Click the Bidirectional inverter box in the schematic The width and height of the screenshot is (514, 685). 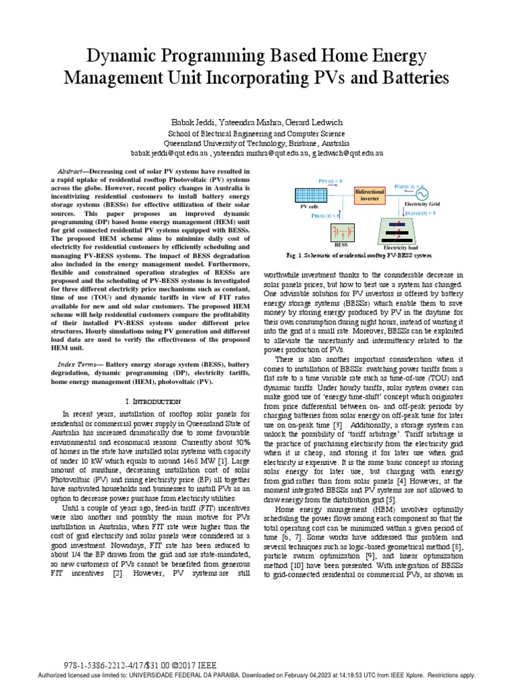point(369,195)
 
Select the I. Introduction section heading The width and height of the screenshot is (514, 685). point(153,401)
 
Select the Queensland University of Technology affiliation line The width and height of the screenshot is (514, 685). point(257,143)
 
